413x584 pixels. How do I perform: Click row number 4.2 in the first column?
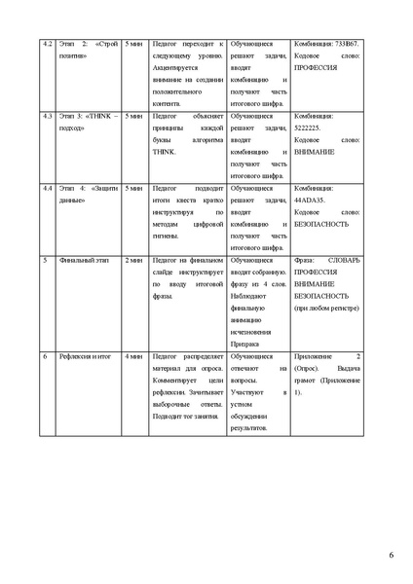[x=46, y=45]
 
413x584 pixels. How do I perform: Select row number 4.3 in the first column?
[x=46, y=116]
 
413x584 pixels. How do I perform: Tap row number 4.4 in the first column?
[x=46, y=186]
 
